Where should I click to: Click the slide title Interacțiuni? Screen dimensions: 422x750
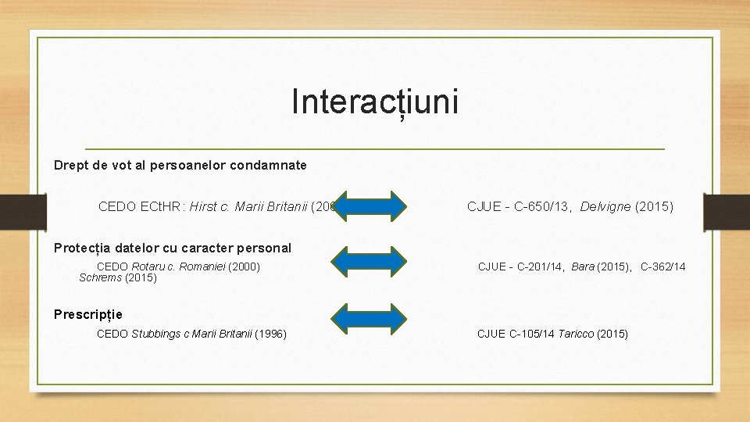point(375,102)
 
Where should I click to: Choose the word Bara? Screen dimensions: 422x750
point(583,267)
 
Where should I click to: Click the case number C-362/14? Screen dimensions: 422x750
point(662,267)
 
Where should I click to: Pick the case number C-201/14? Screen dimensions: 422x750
point(538,267)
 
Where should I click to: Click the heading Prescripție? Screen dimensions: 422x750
point(88,315)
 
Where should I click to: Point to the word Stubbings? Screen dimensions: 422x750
point(155,334)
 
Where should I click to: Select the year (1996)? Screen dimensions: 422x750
point(270,334)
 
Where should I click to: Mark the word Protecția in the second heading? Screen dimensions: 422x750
point(82,249)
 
